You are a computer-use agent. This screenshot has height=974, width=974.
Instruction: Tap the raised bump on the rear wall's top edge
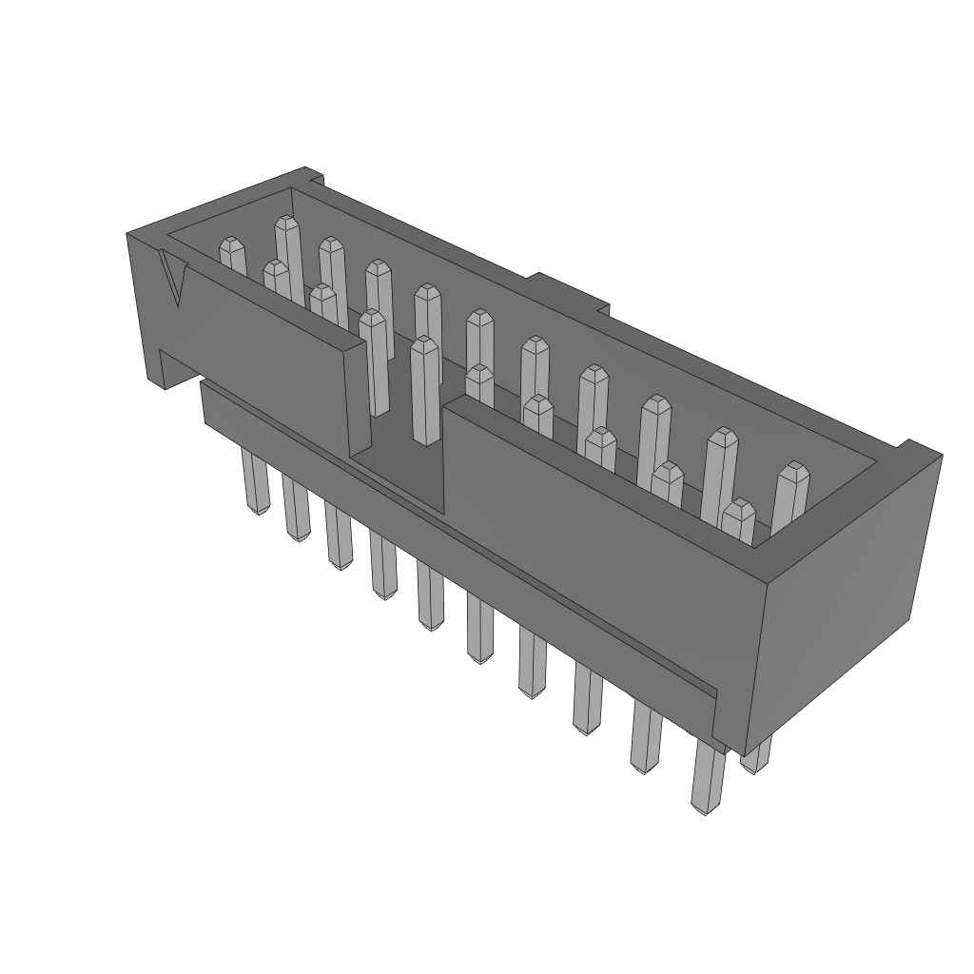(568, 291)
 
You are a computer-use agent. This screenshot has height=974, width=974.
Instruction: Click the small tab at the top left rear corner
(311, 176)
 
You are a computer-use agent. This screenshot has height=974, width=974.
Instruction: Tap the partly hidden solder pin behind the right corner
(757, 756)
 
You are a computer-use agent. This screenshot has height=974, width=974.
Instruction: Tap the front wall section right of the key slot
(590, 533)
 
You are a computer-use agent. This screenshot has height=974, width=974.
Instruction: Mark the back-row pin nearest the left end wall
(286, 243)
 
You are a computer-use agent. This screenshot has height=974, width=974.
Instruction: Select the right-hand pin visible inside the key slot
(425, 390)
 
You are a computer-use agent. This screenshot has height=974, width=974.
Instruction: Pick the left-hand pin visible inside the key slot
(374, 361)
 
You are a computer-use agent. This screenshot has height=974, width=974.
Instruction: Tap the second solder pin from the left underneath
(296, 509)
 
